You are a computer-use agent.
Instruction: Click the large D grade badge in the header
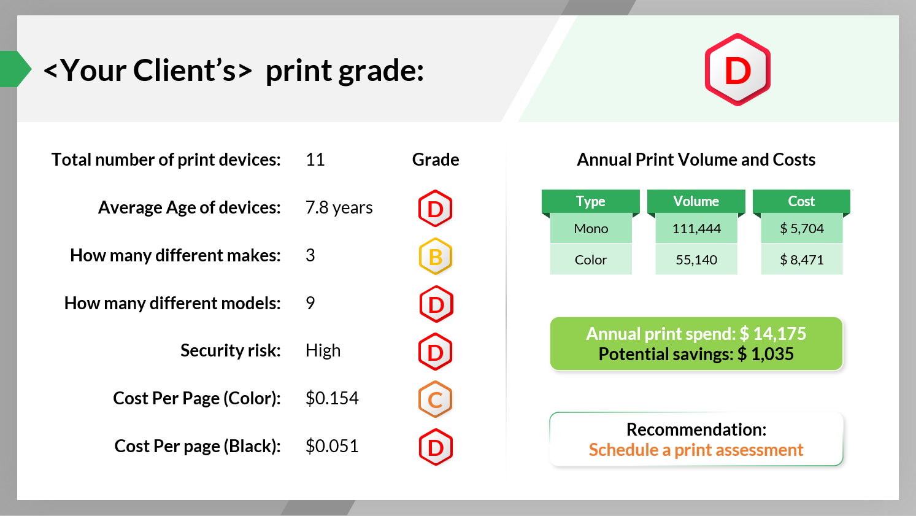pyautogui.click(x=737, y=70)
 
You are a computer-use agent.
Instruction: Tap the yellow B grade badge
pyautogui.click(x=436, y=256)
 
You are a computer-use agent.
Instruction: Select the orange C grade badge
pyautogui.click(x=436, y=399)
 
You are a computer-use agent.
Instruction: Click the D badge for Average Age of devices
pyautogui.click(x=436, y=209)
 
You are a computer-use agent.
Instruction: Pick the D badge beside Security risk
pyautogui.click(x=436, y=352)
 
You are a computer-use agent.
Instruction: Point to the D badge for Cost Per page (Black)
pyautogui.click(x=436, y=447)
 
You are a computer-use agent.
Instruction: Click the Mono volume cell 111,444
pyautogui.click(x=696, y=229)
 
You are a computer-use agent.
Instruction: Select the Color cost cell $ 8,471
pyautogui.click(x=801, y=260)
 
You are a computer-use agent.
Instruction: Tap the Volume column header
pyautogui.click(x=696, y=201)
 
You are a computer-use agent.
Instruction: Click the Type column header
pyautogui.click(x=590, y=201)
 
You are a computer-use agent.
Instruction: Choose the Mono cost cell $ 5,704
pyautogui.click(x=801, y=229)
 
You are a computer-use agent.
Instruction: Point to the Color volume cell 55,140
pyautogui.click(x=696, y=260)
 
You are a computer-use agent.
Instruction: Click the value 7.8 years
pyautogui.click(x=339, y=208)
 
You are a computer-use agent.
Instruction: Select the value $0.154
pyautogui.click(x=332, y=398)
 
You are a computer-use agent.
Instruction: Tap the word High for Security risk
pyautogui.click(x=323, y=350)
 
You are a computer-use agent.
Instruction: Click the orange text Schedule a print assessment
pyautogui.click(x=696, y=450)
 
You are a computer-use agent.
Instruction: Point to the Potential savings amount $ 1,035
pyautogui.click(x=766, y=354)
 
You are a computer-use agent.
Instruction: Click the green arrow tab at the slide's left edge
pyautogui.click(x=15, y=69)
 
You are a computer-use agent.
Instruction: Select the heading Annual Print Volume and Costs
pyautogui.click(x=696, y=160)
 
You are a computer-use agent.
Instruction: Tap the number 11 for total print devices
pyautogui.click(x=315, y=160)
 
